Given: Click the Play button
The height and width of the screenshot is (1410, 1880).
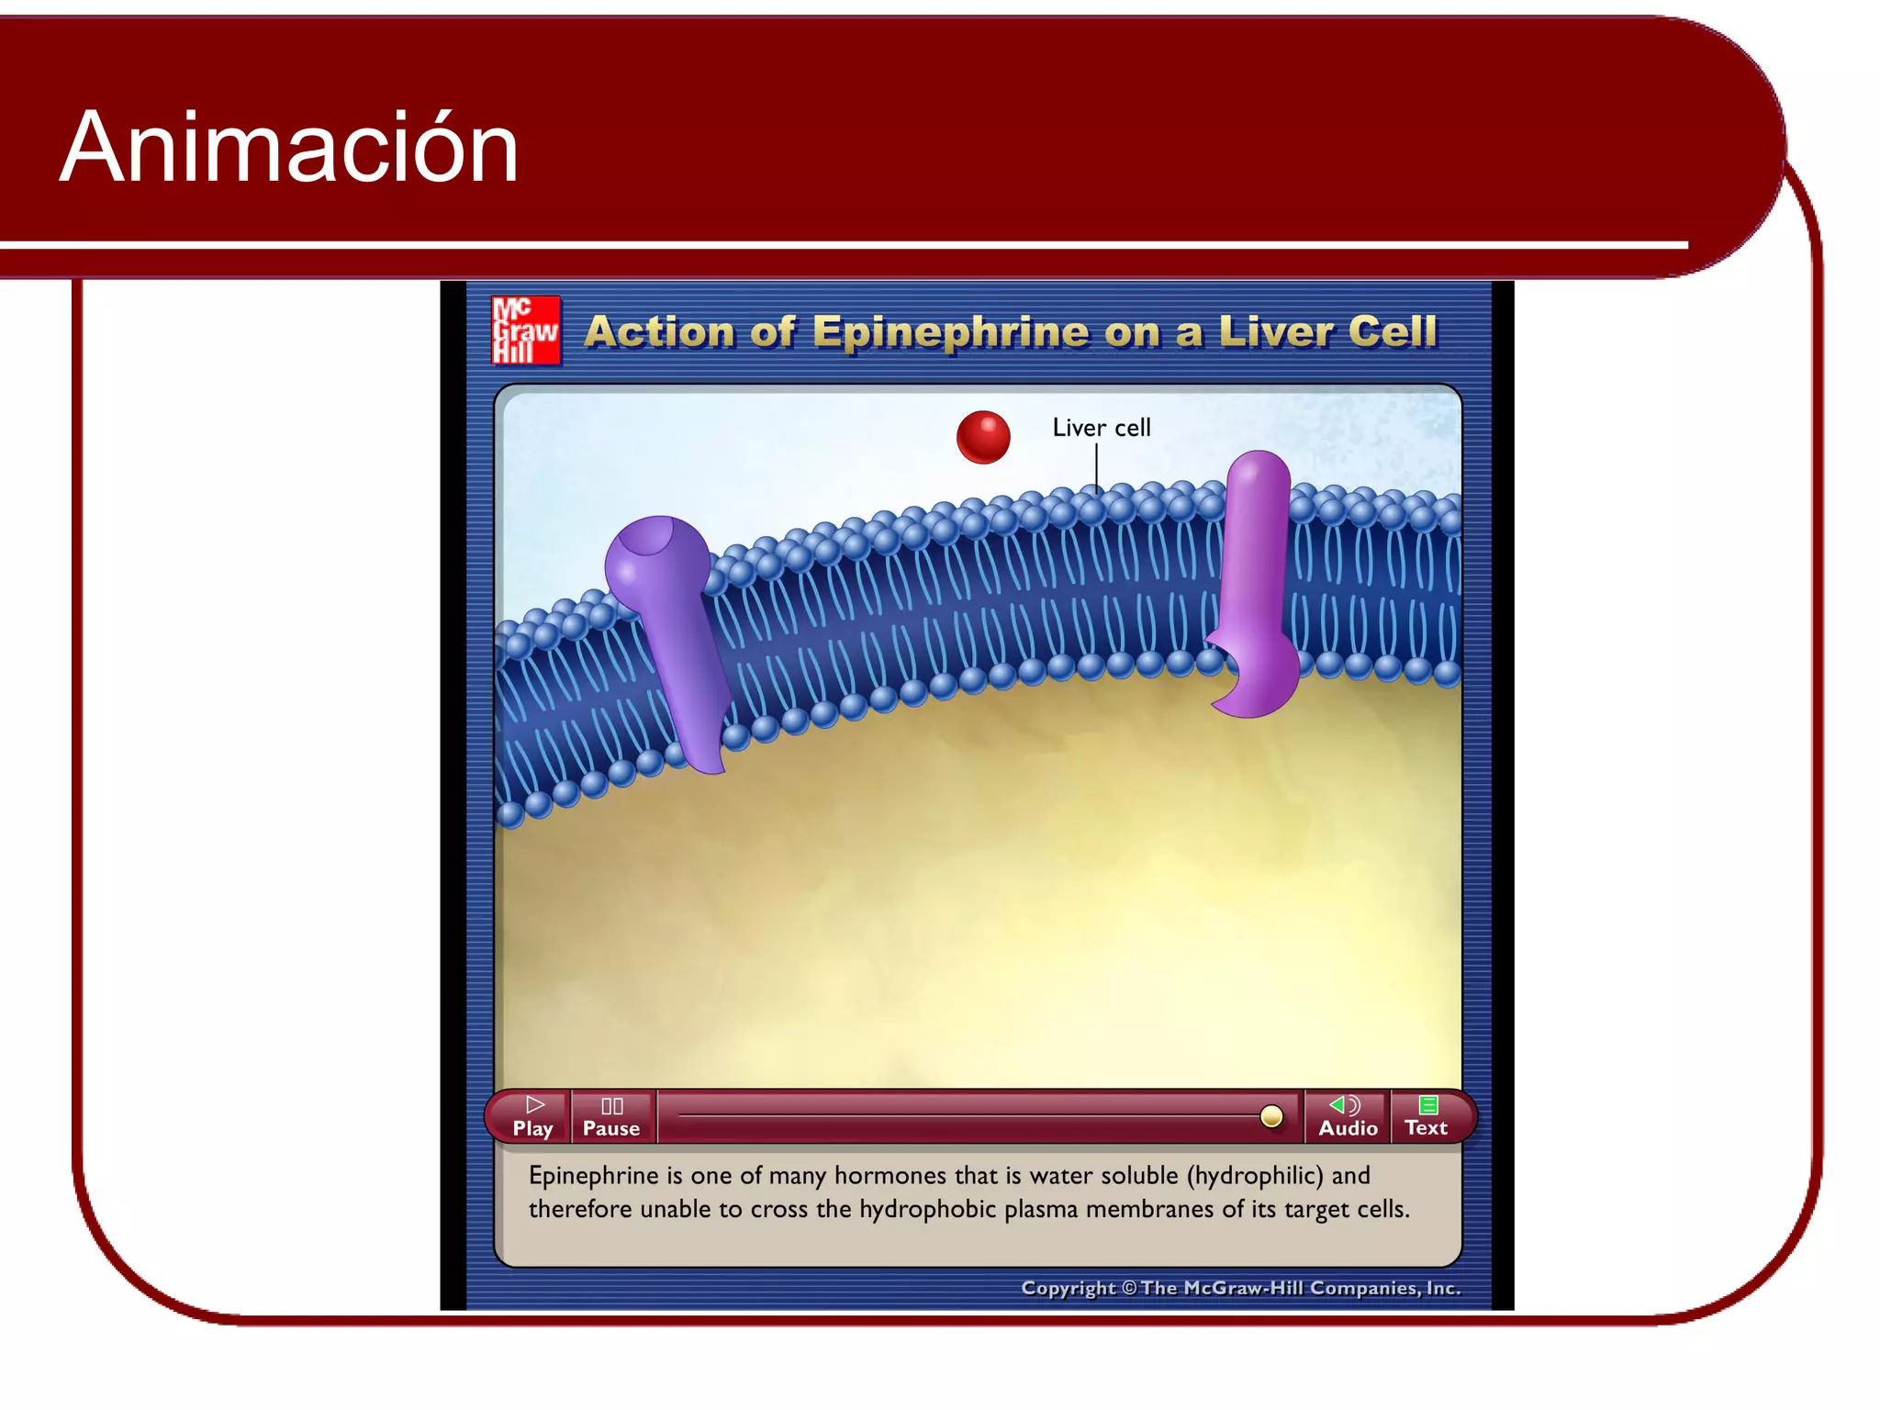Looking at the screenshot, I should (532, 1116).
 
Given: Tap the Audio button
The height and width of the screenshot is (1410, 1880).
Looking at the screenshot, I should (1347, 1116).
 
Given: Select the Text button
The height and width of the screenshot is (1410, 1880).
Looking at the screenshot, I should (1426, 1116).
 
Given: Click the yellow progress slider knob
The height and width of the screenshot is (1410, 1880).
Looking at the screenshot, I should (1271, 1115).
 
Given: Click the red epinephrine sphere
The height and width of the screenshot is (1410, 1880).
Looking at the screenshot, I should (983, 437).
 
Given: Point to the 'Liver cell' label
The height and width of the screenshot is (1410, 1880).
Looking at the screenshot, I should (1101, 428).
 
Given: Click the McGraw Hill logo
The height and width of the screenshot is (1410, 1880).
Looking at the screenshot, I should (525, 330).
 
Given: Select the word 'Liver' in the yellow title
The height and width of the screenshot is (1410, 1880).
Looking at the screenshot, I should (1274, 331).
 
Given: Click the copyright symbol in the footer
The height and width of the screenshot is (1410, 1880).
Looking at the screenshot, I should (1129, 1288).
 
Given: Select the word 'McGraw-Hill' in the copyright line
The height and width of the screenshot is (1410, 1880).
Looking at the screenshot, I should (1243, 1288).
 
